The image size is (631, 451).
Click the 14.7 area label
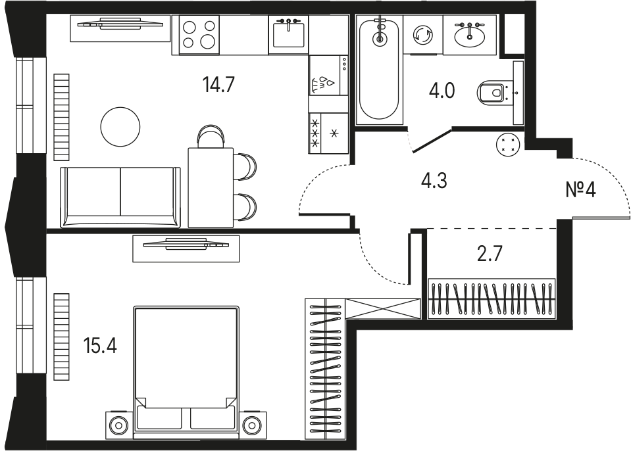pos(218,84)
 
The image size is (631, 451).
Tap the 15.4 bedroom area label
pos(100,346)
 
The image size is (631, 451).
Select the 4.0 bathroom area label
pos(442,91)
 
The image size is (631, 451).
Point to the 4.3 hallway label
pos(434,181)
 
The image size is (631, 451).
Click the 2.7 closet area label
pos(490,254)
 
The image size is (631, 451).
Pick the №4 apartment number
pos(580,189)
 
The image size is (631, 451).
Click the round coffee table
pos(120,127)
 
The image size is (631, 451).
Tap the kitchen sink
pos(288,35)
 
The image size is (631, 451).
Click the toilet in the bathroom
pos(491,93)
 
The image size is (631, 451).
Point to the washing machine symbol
pos(423,35)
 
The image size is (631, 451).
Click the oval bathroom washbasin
pos(469,35)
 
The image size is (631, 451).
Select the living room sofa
pos(120,197)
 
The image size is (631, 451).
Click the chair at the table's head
pos(210,135)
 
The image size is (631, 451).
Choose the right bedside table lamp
pos(251,425)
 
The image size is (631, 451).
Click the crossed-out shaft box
pos(383,309)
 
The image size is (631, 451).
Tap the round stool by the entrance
pos(508,144)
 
